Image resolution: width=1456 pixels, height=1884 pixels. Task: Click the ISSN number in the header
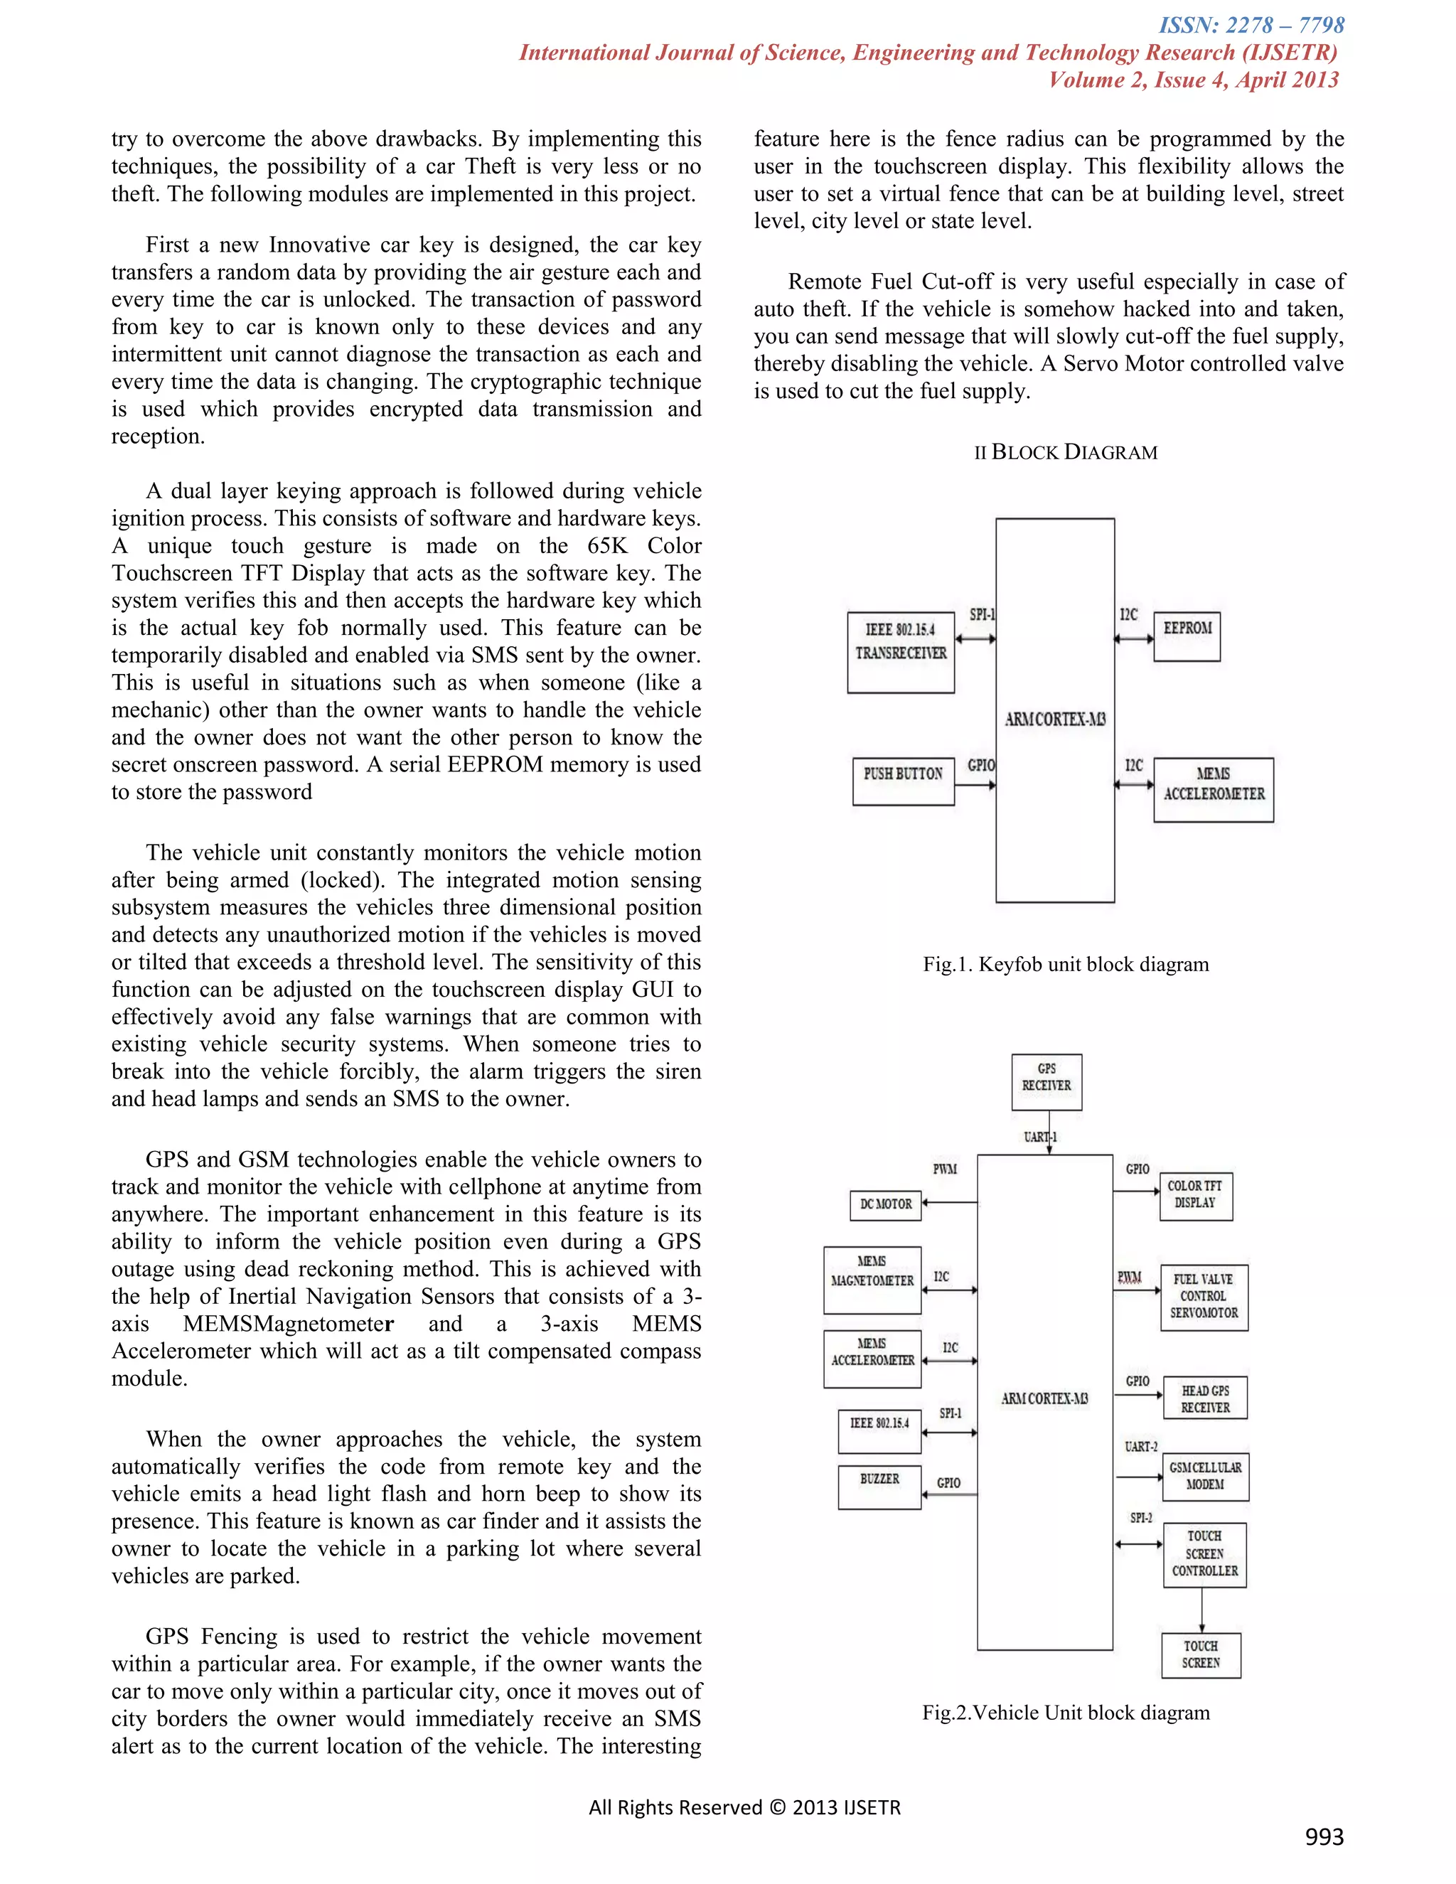[x=1251, y=25]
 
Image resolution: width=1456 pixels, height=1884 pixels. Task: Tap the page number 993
[x=1324, y=1836]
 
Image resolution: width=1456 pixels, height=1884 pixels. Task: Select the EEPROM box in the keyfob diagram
[x=1187, y=636]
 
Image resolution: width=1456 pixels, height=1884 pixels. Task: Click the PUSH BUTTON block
[x=903, y=781]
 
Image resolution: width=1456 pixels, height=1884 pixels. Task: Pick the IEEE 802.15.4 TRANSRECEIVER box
[x=901, y=651]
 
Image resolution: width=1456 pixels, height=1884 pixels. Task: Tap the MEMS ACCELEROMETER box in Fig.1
[x=1214, y=789]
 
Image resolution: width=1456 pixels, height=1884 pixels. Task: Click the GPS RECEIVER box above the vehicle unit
[x=1046, y=1082]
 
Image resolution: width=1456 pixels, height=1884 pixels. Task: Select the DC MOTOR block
[x=886, y=1204]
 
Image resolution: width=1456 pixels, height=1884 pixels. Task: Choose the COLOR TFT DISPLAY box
[x=1196, y=1196]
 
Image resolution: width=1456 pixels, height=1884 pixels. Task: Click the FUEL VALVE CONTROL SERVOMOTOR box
[x=1204, y=1297]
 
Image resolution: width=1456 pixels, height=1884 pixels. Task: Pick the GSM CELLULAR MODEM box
[x=1205, y=1476]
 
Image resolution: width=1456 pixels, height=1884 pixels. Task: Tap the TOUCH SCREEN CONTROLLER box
[x=1204, y=1554]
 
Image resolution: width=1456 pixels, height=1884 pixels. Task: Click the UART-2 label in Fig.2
[x=1140, y=1447]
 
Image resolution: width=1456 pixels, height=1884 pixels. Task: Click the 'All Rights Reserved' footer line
[x=744, y=1807]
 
